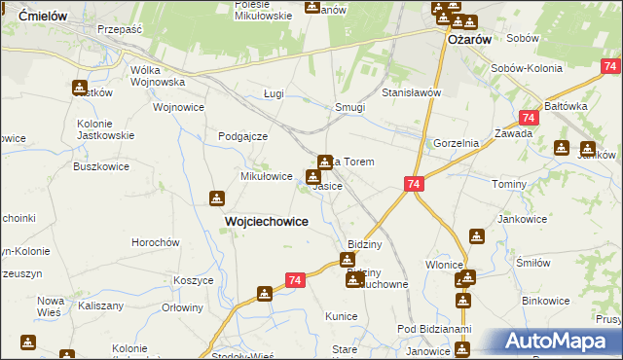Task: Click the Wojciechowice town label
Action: click(267, 221)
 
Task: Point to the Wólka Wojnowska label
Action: click(158, 77)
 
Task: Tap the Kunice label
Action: click(342, 317)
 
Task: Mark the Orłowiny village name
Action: click(182, 307)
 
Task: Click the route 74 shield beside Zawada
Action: click(528, 117)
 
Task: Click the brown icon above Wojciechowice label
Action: click(215, 198)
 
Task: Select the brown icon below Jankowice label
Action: click(476, 236)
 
